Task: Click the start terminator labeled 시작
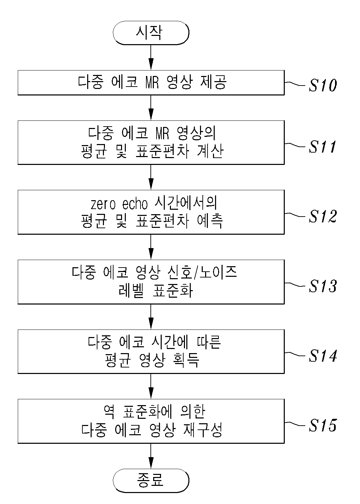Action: tap(151, 33)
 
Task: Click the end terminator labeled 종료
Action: tap(151, 480)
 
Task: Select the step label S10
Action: tap(323, 85)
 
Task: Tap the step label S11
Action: tap(322, 146)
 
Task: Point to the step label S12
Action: tap(323, 216)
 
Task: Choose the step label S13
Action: tap(323, 286)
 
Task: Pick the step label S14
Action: tap(323, 356)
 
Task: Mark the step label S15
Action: tap(323, 425)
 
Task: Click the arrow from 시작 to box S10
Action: tap(151, 57)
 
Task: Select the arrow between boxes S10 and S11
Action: tap(151, 107)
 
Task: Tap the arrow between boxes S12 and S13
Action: tap(151, 247)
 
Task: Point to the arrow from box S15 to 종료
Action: tap(151, 456)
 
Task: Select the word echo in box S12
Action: tap(135, 204)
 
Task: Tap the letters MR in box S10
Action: tap(152, 82)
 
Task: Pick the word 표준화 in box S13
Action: tap(173, 290)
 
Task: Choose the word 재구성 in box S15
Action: tap(203, 430)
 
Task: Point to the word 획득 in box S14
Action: tap(186, 360)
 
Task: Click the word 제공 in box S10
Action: tap(213, 82)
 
